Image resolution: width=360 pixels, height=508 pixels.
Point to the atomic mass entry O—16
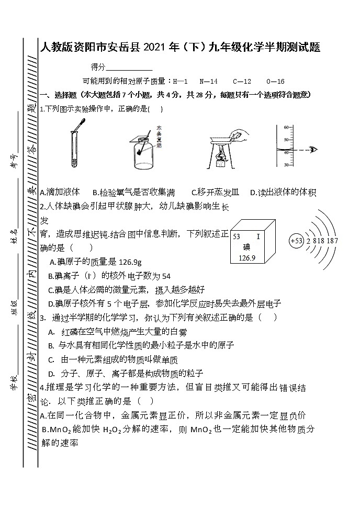275,82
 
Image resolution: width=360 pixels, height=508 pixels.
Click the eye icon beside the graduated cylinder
313,150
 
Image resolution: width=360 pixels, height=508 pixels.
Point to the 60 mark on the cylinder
286,128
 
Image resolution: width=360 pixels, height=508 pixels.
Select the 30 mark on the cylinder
286,165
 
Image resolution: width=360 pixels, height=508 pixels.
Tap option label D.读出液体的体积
283,193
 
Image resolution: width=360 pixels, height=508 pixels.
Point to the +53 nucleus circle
296,241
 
